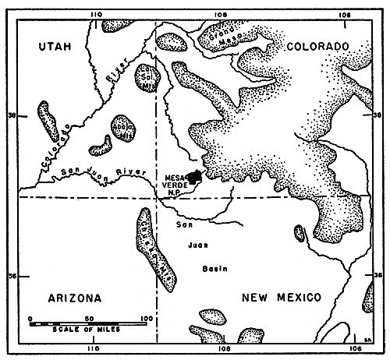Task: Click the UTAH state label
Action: coord(55,48)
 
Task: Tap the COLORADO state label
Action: coord(312,48)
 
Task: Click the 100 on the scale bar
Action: coord(144,318)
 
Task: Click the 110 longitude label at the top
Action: coord(97,13)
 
